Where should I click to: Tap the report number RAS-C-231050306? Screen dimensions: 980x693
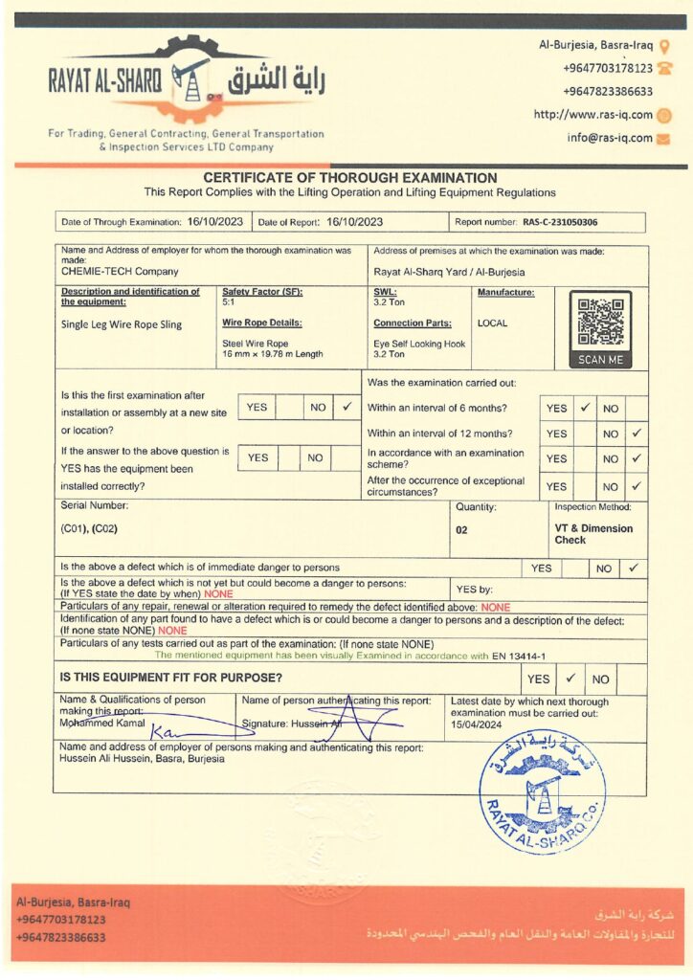point(560,222)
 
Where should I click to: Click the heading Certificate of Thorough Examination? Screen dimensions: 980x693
point(349,178)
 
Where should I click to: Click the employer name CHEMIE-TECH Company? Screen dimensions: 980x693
point(105,271)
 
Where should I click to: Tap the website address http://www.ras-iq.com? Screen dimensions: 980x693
point(592,115)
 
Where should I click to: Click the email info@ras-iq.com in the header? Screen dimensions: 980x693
point(609,138)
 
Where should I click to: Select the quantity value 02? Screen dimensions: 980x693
point(461,529)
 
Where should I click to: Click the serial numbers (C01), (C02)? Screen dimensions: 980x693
point(89,528)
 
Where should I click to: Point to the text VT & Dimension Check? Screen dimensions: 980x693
point(592,534)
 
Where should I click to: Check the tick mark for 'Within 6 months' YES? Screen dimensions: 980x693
point(583,408)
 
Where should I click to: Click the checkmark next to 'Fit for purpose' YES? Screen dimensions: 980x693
point(569,679)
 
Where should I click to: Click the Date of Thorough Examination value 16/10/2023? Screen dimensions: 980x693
point(215,222)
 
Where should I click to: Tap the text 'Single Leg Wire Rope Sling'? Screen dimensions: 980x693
point(121,324)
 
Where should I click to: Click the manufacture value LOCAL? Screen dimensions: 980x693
point(492,323)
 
